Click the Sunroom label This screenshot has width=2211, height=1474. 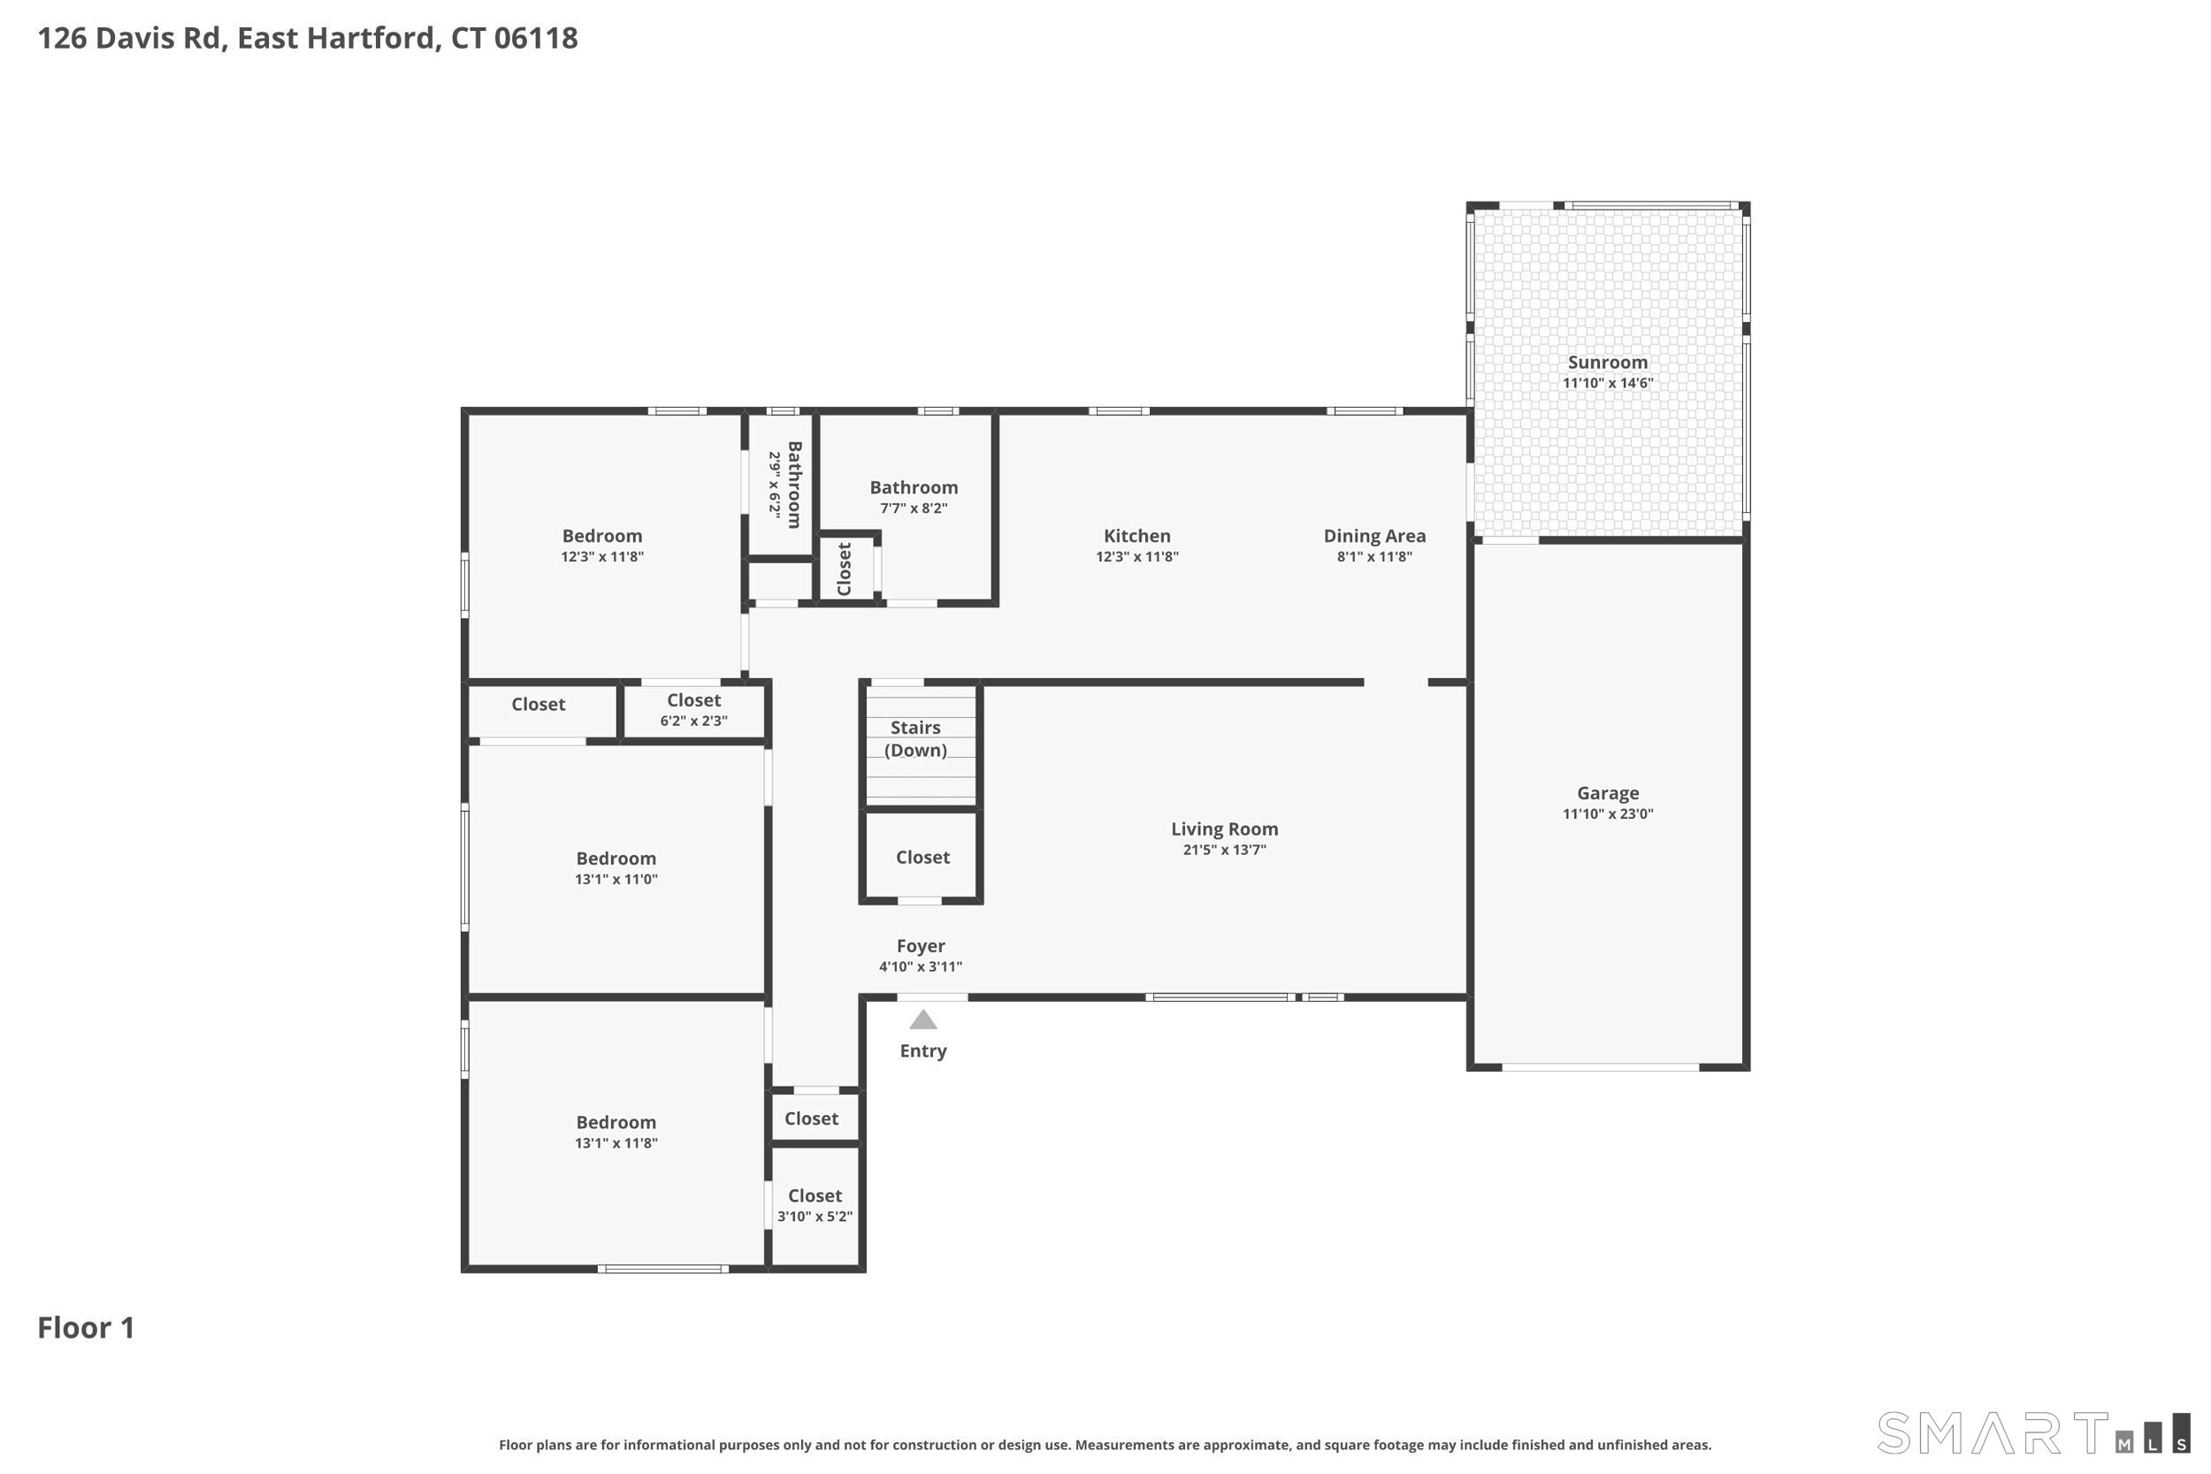(1608, 363)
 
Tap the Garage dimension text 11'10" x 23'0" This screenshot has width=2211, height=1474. (1608, 814)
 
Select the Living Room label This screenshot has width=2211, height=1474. (1224, 829)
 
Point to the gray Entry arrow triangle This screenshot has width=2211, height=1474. (923, 1020)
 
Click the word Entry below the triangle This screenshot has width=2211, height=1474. (923, 1051)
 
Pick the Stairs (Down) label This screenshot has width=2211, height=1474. (915, 739)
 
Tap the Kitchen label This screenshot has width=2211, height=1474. (1136, 536)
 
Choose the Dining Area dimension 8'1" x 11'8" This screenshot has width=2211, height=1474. (1374, 556)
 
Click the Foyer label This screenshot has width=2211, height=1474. (921, 946)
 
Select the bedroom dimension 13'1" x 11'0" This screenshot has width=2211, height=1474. (616, 880)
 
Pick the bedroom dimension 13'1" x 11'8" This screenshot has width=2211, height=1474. (616, 1144)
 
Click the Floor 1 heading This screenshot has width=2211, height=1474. (86, 1327)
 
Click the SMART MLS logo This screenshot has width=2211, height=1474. (2033, 1433)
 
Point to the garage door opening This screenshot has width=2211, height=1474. (1600, 1067)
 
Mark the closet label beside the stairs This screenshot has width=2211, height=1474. (922, 858)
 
